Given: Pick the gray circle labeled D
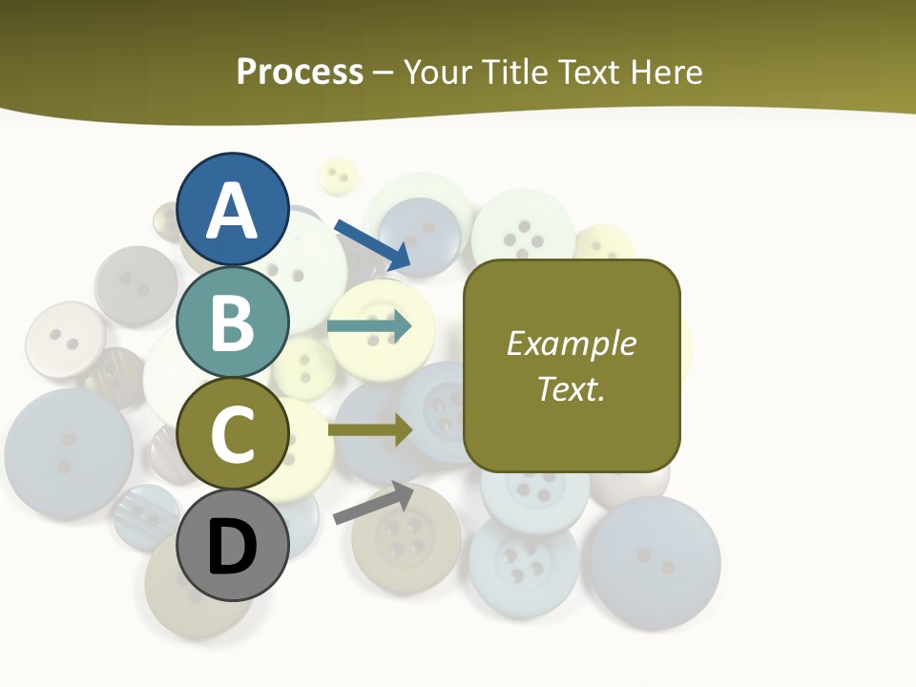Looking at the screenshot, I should (x=233, y=545).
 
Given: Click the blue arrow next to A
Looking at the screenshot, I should (x=372, y=243).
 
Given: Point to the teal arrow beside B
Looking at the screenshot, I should (x=369, y=326).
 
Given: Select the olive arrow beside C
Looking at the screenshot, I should (x=369, y=430).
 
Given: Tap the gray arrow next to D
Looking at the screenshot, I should (x=373, y=503).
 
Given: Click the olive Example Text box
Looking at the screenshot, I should (x=572, y=365).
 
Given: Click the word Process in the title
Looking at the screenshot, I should (x=300, y=72).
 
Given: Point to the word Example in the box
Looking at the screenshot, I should (x=572, y=343).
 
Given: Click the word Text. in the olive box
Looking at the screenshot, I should (x=572, y=388).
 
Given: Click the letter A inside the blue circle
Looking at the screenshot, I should (x=233, y=211).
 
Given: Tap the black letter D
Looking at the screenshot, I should (x=233, y=548).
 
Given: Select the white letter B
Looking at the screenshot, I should (x=233, y=323).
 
